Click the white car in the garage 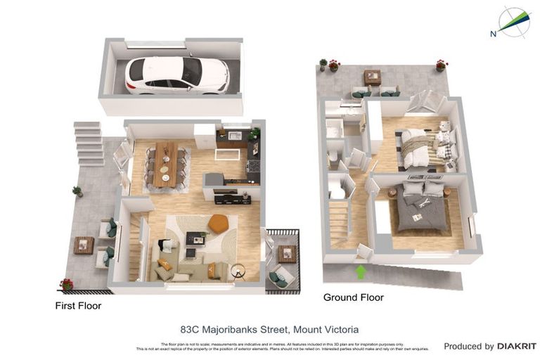[176, 75]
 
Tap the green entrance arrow [361, 271]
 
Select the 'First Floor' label [78, 306]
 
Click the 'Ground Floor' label [353, 297]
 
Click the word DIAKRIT [517, 346]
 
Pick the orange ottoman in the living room [219, 224]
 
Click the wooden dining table [167, 162]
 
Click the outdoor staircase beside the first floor [89, 143]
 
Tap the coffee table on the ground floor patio [373, 77]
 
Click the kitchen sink [235, 135]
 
